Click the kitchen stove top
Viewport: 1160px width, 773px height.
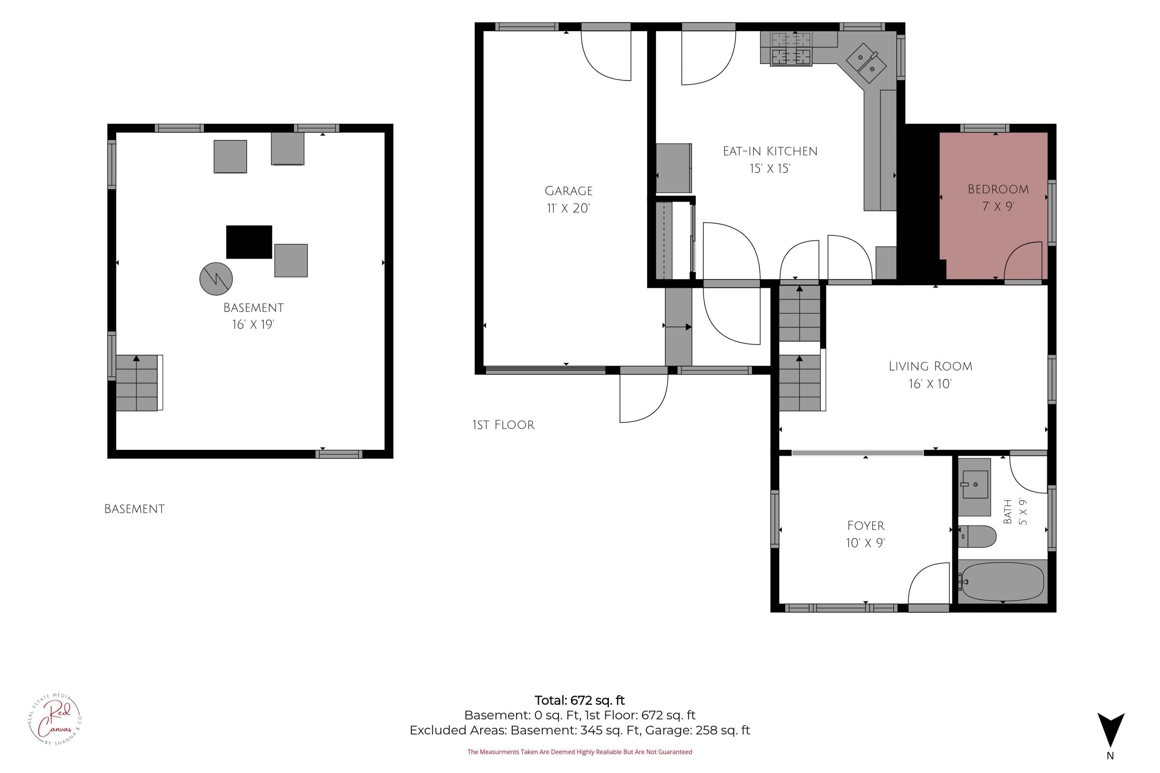pos(791,49)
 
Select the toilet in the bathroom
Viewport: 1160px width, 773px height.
pos(977,536)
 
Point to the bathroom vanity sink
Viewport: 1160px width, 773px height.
pos(974,486)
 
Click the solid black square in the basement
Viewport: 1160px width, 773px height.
pos(249,242)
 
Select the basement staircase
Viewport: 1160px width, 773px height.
pos(137,383)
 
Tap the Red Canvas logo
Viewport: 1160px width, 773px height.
pos(55,719)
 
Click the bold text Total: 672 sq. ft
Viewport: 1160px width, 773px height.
pos(580,700)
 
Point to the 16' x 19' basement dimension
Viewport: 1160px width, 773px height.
pos(253,324)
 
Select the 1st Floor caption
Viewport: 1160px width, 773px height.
pos(503,425)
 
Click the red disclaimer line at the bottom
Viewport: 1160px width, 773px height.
pos(580,752)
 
